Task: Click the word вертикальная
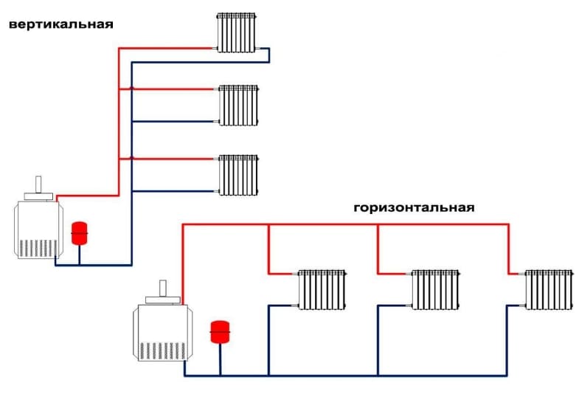pos(60,24)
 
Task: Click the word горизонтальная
pos(413,207)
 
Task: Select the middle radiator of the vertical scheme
pos(238,106)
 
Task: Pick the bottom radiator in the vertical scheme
pos(238,175)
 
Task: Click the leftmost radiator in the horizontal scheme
pos(322,290)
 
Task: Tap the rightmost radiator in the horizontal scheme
pos(549,290)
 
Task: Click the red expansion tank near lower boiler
pos(219,331)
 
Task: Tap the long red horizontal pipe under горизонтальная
pos(347,223)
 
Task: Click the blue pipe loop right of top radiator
pos(269,55)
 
